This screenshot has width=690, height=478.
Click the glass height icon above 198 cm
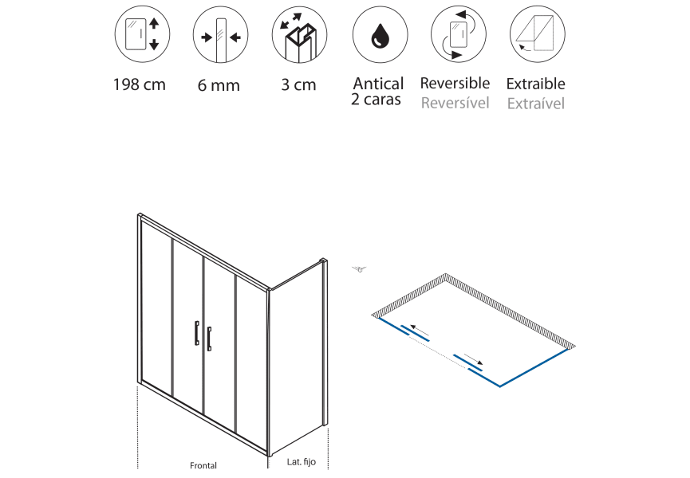coord(142,34)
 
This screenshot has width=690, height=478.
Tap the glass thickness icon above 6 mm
coord(220,35)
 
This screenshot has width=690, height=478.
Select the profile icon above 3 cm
coord(299,35)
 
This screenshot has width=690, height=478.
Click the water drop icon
coord(380,35)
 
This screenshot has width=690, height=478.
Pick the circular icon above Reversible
coord(458,34)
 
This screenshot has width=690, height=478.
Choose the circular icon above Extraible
coord(538,34)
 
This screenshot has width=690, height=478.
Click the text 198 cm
coord(140,84)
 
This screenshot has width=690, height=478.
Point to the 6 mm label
coord(219,85)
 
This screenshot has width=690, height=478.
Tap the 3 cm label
coord(299,84)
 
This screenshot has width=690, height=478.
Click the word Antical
coord(378,84)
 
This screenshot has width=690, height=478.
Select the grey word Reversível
coord(455,103)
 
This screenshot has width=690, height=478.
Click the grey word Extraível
coord(535,104)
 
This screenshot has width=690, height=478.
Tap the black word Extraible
coord(535,84)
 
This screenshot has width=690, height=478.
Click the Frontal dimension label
coord(203,465)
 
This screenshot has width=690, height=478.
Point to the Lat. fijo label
coord(302,462)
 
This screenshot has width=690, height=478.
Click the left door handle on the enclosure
coord(197,332)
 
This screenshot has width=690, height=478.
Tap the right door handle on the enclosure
coord(209,339)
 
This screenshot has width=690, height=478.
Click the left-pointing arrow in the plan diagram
coord(420,330)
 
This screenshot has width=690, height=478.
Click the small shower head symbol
coord(360,269)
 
